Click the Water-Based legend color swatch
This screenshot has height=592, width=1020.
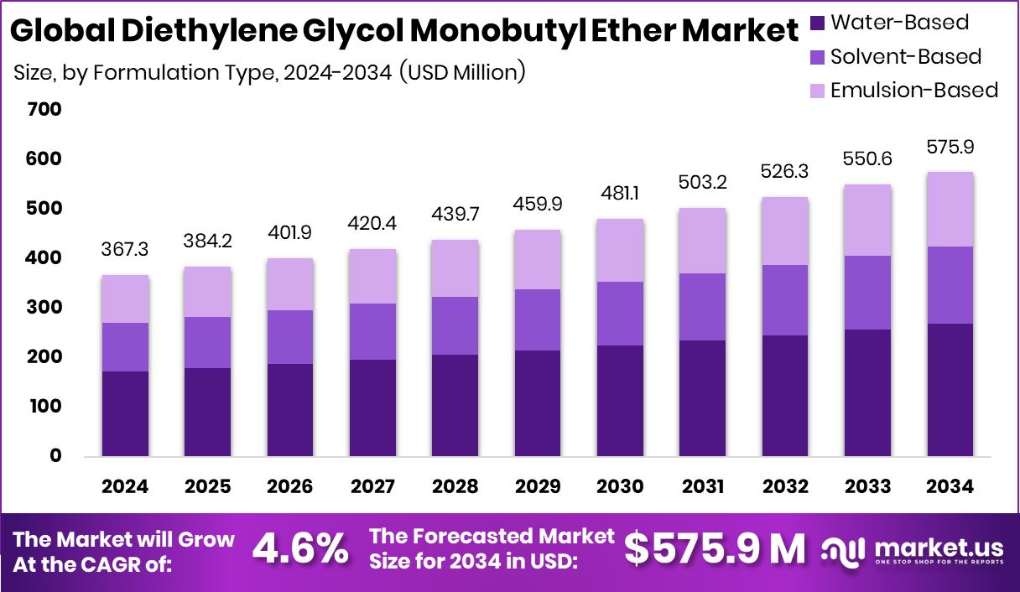point(817,23)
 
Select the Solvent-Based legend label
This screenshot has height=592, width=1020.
point(906,57)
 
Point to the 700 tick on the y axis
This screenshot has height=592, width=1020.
point(44,109)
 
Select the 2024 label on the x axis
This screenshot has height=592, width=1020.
point(125,487)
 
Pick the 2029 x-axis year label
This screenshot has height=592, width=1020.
point(538,487)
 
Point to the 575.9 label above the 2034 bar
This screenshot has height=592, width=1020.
point(950,147)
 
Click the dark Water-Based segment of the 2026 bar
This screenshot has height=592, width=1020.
point(290,409)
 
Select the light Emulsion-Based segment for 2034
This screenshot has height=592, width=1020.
point(950,209)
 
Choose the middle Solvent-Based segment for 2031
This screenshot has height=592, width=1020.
point(702,306)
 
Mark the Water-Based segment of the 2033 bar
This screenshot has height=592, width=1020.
point(867,392)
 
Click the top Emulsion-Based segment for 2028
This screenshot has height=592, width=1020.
point(455,268)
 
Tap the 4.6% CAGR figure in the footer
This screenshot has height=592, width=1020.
point(300,550)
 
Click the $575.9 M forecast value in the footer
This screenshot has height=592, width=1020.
point(715,549)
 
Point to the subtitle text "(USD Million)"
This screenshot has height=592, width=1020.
point(461,72)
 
